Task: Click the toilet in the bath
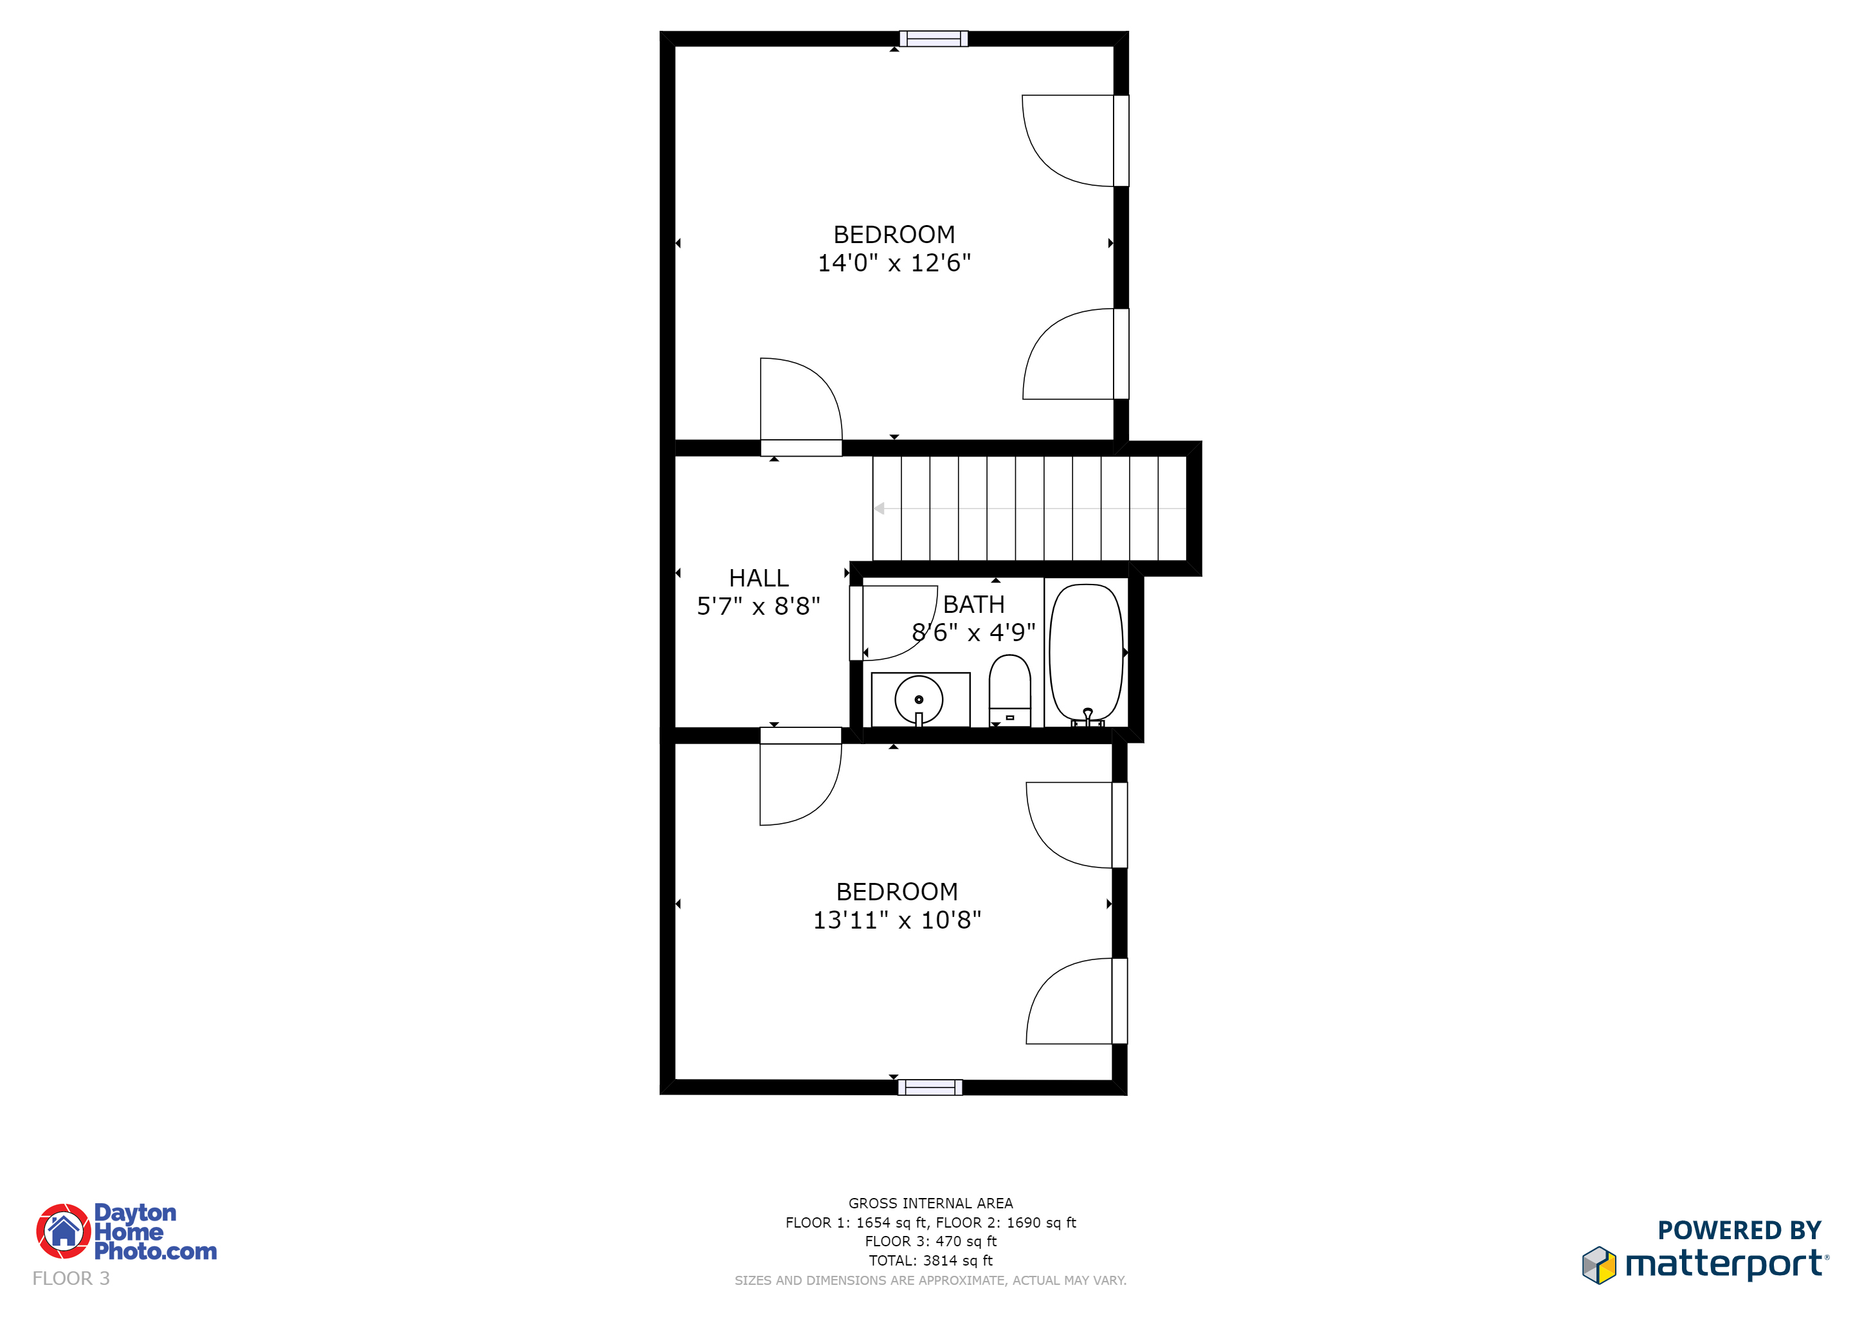click(1009, 690)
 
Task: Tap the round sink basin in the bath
click(919, 699)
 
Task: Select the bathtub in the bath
click(1087, 653)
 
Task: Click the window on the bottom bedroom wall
click(930, 1087)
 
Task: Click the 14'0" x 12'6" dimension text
click(894, 263)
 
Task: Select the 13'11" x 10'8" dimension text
click(897, 920)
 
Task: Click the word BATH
click(973, 604)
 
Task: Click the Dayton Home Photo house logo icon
click(63, 1231)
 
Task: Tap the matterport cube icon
click(1598, 1265)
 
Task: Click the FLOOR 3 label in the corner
click(71, 1278)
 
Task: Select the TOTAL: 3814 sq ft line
click(930, 1260)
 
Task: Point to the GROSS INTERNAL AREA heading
click(930, 1203)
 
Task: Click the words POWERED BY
click(1740, 1230)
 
